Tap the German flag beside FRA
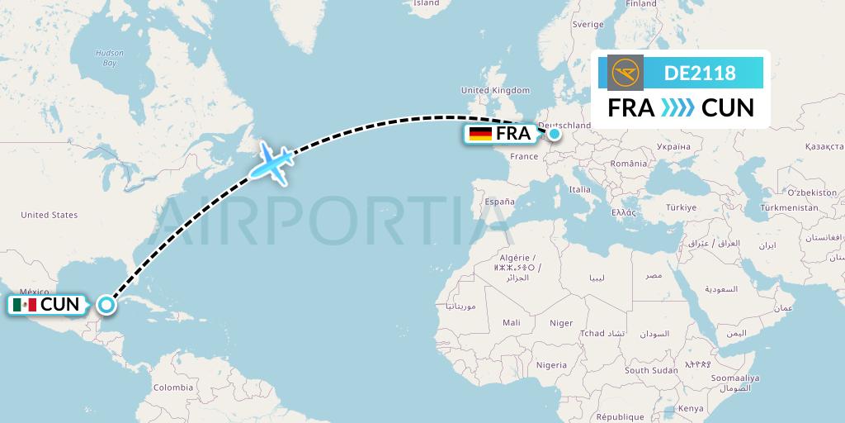click(x=480, y=134)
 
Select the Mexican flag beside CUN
click(x=25, y=305)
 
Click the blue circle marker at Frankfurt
click(x=555, y=133)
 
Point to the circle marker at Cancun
click(x=106, y=305)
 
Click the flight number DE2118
click(x=700, y=73)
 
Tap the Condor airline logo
click(x=625, y=73)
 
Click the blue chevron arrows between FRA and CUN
click(x=678, y=108)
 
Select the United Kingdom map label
click(x=495, y=90)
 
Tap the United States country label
click(x=50, y=215)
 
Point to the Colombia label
click(x=172, y=387)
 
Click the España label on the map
click(x=499, y=202)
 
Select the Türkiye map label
click(x=682, y=207)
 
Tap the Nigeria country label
click(x=551, y=364)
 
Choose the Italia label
click(x=580, y=189)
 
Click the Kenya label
click(x=692, y=408)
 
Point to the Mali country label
click(x=511, y=322)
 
